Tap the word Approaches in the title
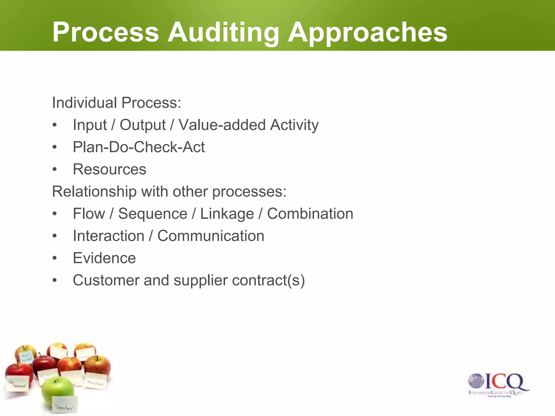coord(367,32)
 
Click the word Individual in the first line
coord(84,103)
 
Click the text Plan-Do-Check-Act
coord(139,147)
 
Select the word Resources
coord(109,169)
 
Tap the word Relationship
coord(94,191)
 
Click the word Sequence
coord(153,214)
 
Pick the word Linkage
coord(227,214)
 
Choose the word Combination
coord(310,214)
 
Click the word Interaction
coord(108,236)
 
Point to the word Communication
coord(211,236)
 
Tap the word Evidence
coord(104,258)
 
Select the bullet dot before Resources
coord(55,170)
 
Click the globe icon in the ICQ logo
coord(476,381)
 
